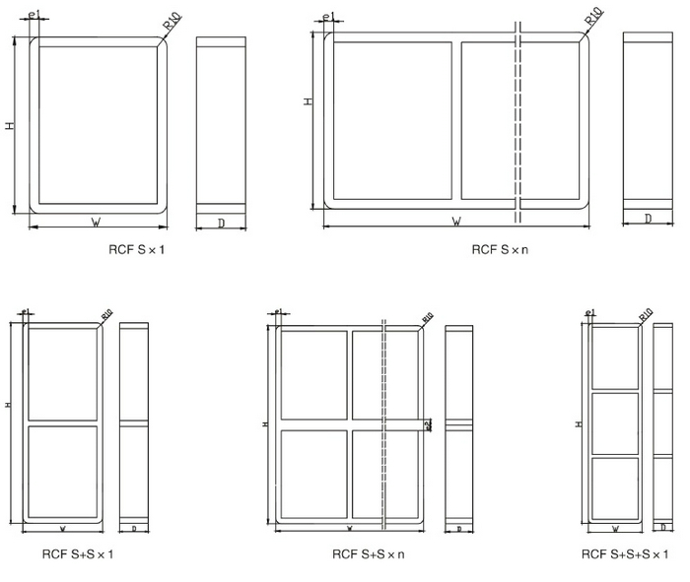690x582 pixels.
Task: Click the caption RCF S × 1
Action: click(137, 250)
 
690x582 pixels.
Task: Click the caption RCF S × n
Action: click(500, 250)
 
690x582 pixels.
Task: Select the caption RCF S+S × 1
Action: click(78, 554)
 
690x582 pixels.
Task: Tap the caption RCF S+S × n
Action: click(368, 554)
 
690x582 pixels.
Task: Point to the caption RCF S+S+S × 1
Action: click(625, 554)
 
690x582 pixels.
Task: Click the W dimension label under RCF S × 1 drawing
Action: click(96, 223)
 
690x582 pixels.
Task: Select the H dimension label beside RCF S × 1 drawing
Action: click(10, 126)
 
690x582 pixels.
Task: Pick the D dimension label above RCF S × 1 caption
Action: click(221, 224)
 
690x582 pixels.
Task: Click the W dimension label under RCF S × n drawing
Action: click(456, 223)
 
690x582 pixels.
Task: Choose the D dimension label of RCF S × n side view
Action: click(647, 219)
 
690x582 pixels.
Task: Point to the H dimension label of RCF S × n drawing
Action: click(308, 101)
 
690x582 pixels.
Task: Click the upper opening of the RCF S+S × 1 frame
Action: click(62, 374)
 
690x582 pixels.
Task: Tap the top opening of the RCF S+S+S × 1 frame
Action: click(615, 357)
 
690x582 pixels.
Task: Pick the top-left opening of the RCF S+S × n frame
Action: click(313, 374)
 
